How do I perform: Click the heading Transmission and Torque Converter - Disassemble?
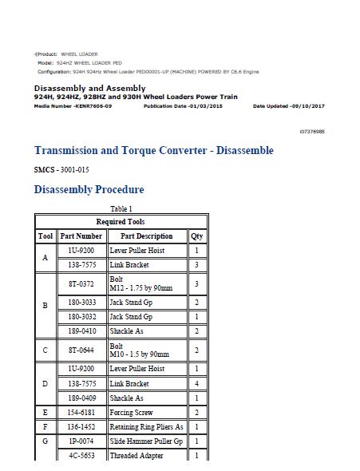(x=153, y=150)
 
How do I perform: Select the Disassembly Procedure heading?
(x=89, y=190)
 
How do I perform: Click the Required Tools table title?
(x=121, y=221)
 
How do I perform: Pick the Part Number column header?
(x=81, y=236)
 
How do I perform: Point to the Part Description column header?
(x=146, y=236)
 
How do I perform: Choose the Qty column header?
(x=196, y=236)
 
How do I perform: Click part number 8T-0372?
(x=81, y=283)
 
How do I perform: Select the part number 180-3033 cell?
(x=81, y=302)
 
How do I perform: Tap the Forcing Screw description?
(x=130, y=413)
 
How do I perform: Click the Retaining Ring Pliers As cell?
(x=145, y=427)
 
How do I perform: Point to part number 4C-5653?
(x=81, y=456)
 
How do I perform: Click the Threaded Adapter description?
(x=136, y=456)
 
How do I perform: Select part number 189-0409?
(x=81, y=398)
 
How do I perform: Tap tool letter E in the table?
(x=45, y=413)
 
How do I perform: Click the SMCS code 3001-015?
(x=67, y=170)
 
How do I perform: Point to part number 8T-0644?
(x=81, y=350)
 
